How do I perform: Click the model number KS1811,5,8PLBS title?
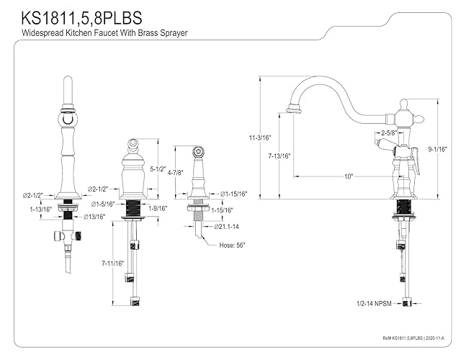(81, 18)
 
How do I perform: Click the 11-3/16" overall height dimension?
(260, 138)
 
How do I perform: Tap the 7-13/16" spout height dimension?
(279, 156)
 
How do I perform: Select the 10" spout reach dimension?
(349, 176)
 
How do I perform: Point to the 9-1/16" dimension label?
(437, 149)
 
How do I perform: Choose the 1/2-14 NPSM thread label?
(374, 304)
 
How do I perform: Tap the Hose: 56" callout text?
(232, 246)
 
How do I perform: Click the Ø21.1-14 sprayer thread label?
(226, 227)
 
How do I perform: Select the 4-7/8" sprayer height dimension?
(176, 172)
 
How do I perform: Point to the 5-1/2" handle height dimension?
(158, 169)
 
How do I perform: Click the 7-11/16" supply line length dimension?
(112, 264)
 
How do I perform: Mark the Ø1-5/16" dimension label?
(102, 204)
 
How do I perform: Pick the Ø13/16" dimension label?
(94, 217)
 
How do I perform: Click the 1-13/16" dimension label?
(41, 210)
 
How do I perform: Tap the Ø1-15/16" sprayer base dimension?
(234, 194)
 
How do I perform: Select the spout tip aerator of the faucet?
(294, 109)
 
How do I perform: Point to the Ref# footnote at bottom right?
(413, 338)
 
